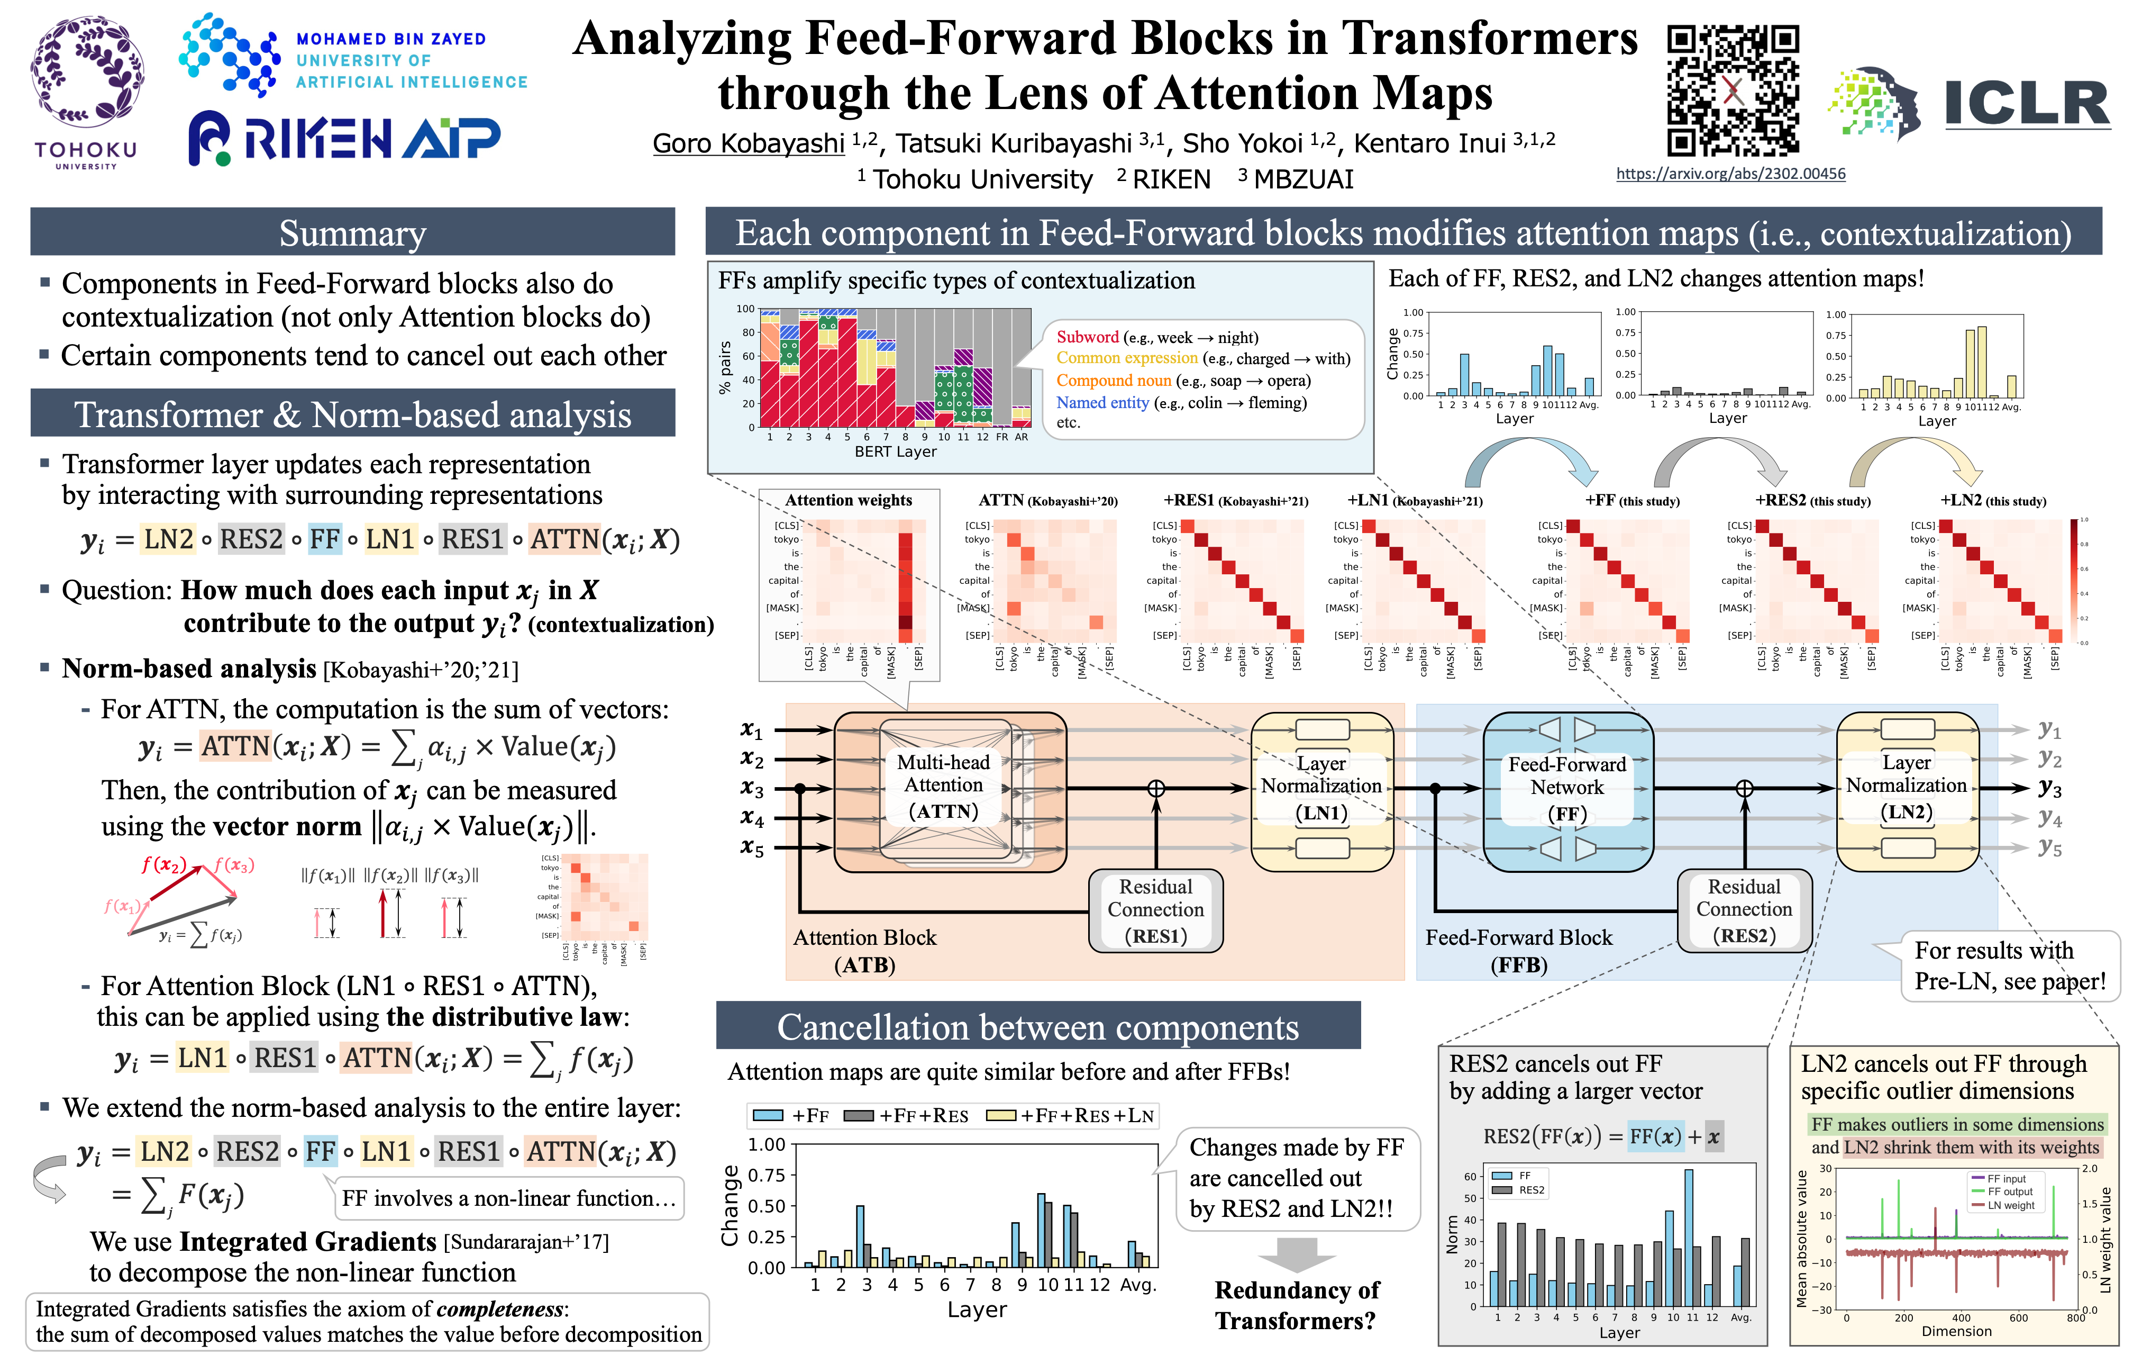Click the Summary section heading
(352, 234)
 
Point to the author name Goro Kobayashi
(749, 143)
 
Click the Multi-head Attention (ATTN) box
(944, 787)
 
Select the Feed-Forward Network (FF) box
(1567, 789)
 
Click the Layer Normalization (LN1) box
(1321, 788)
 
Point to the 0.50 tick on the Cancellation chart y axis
(767, 1206)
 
